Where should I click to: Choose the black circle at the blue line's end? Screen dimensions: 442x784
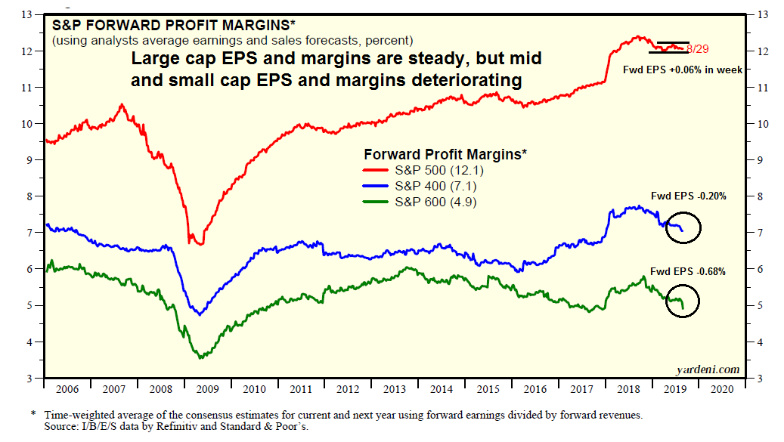tap(683, 227)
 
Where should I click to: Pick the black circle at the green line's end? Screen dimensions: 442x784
tap(683, 301)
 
